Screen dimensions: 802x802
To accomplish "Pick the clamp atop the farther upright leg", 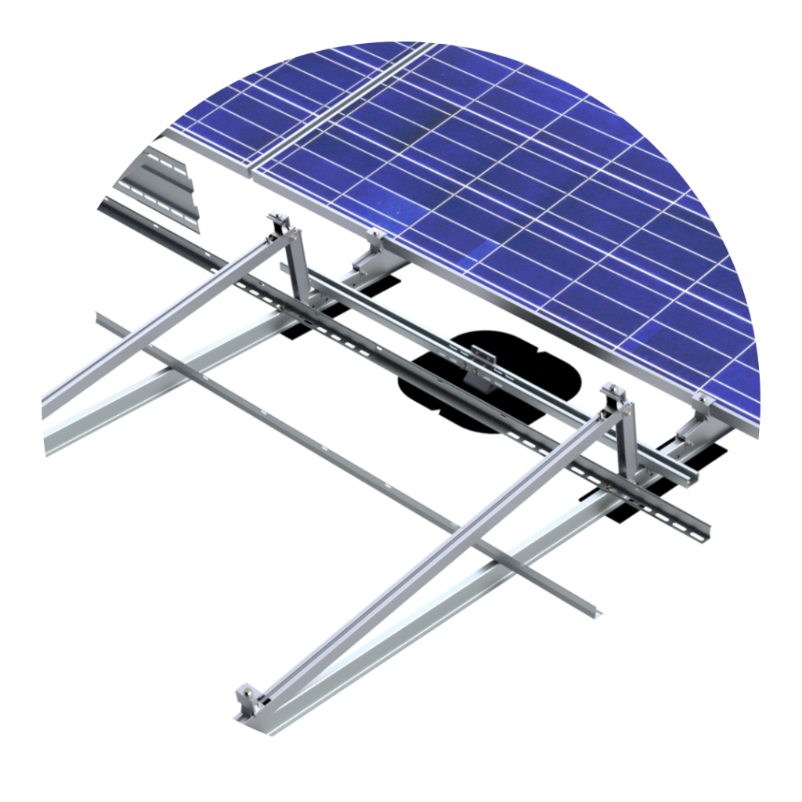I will (280, 223).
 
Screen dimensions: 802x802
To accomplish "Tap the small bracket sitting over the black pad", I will (479, 367).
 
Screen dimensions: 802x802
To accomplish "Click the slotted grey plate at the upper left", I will (157, 184).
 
